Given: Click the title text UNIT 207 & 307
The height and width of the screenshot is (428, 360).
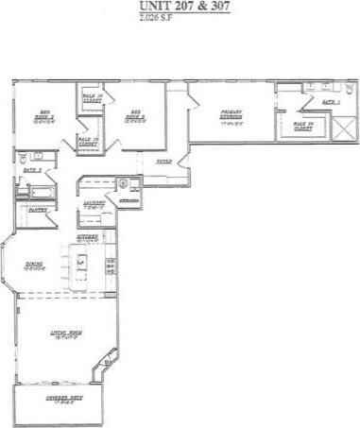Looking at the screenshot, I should pyautogui.click(x=180, y=7).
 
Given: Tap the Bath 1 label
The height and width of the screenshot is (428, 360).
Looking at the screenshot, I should pyautogui.click(x=330, y=101).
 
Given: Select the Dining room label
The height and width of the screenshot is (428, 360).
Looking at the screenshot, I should pyautogui.click(x=35, y=264).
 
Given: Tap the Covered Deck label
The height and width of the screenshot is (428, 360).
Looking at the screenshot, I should pyautogui.click(x=60, y=400).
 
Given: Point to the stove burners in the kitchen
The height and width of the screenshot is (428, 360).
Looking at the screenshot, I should pyautogui.click(x=111, y=261).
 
